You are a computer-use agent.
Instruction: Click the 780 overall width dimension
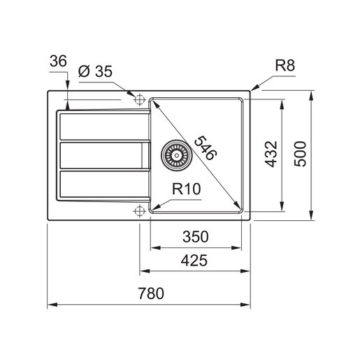point(151,293)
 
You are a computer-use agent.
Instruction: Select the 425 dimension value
point(194,260)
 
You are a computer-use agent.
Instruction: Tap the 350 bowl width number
point(195,237)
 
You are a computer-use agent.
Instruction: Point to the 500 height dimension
point(300,154)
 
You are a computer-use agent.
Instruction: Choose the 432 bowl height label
point(271,154)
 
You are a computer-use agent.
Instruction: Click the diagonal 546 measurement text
point(206,147)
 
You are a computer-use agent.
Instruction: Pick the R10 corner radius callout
point(186,189)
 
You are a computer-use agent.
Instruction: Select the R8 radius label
point(285,65)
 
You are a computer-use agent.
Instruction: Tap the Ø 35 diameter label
point(95,71)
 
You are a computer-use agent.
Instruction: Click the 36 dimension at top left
point(58,61)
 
